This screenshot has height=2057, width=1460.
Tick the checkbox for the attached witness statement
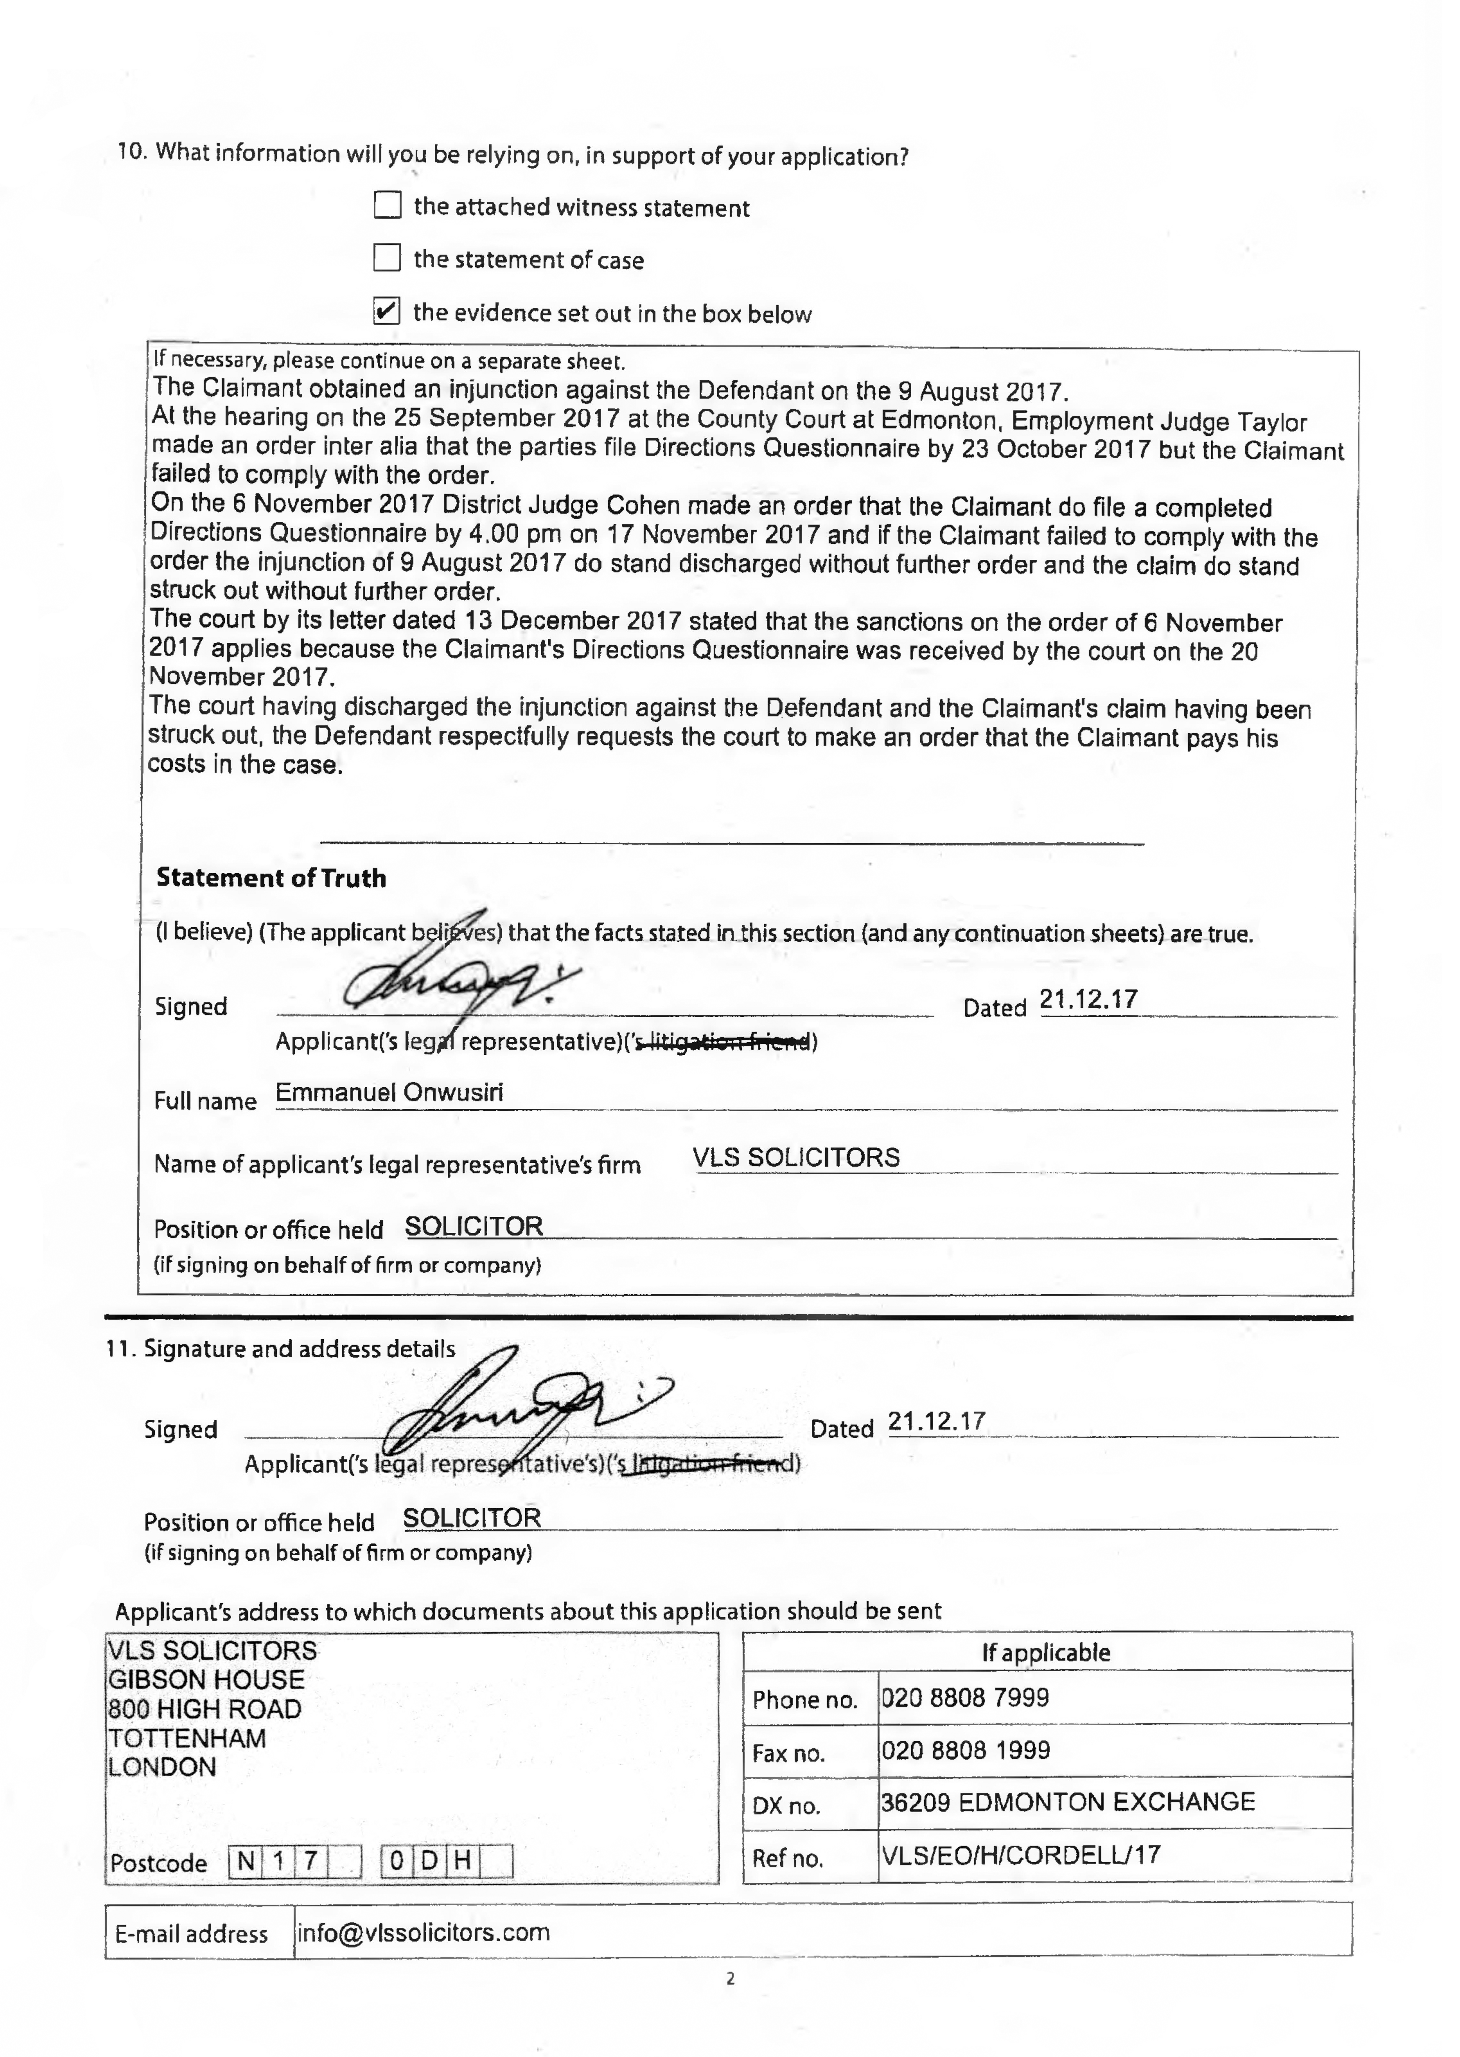pyautogui.click(x=388, y=206)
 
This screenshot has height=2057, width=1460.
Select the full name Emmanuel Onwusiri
pyautogui.click(x=389, y=1093)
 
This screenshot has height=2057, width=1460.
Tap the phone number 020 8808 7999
pyautogui.click(x=965, y=1697)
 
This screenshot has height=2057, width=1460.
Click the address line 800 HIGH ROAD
pyautogui.click(x=205, y=1709)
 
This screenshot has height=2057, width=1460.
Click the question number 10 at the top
pyautogui.click(x=131, y=151)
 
